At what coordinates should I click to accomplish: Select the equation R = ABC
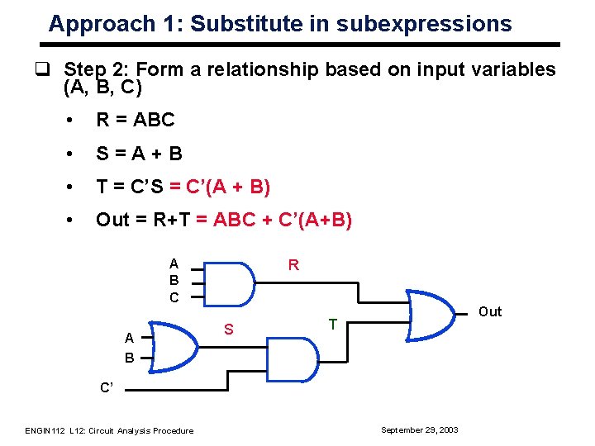click(x=136, y=120)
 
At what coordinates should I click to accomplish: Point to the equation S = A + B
click(x=139, y=153)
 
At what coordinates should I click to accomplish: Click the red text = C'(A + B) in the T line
click(x=219, y=187)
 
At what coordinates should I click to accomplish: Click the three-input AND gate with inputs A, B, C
click(x=229, y=282)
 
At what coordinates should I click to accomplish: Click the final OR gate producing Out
click(x=435, y=313)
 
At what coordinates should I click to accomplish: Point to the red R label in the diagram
click(x=293, y=265)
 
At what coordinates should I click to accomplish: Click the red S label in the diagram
click(x=231, y=330)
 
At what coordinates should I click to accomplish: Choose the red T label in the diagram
click(x=332, y=325)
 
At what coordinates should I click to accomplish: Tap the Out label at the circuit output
click(x=490, y=311)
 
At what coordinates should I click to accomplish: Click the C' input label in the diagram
click(x=107, y=386)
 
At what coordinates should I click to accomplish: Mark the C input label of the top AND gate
click(x=174, y=297)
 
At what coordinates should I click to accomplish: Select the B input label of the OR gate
click(x=129, y=358)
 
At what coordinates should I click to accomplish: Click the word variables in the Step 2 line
click(x=512, y=70)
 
